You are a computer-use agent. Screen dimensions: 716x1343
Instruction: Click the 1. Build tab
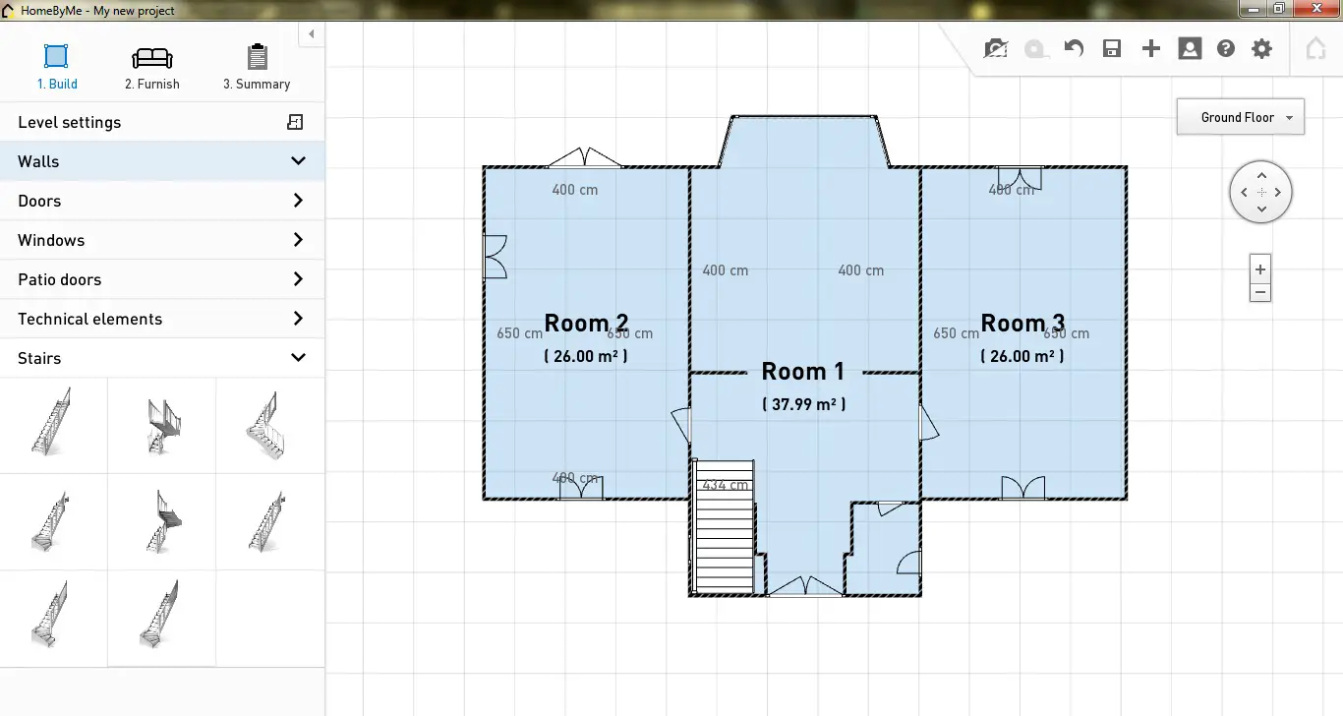pyautogui.click(x=57, y=67)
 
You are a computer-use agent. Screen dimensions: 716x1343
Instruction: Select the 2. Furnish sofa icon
pyautogui.click(x=152, y=58)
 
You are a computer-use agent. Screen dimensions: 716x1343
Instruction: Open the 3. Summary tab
pyautogui.click(x=257, y=67)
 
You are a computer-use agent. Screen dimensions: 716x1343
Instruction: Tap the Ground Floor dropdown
pyautogui.click(x=1240, y=117)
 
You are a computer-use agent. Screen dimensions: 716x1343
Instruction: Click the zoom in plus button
pyautogui.click(x=1260, y=268)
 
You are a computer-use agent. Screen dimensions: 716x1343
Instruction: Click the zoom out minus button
pyautogui.click(x=1260, y=292)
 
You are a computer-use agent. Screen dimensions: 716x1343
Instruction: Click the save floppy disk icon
pyautogui.click(x=1112, y=49)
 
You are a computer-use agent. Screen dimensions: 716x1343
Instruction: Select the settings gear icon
pyautogui.click(x=1261, y=49)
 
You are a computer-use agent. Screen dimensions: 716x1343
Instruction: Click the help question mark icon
pyautogui.click(x=1225, y=49)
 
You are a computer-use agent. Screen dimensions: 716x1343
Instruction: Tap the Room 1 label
pyautogui.click(x=803, y=372)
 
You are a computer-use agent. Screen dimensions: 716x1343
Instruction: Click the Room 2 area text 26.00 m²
pyautogui.click(x=586, y=356)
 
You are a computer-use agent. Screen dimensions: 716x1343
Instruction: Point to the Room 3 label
pyautogui.click(x=1022, y=323)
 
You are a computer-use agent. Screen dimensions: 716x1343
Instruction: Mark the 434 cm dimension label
pyautogui.click(x=725, y=485)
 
